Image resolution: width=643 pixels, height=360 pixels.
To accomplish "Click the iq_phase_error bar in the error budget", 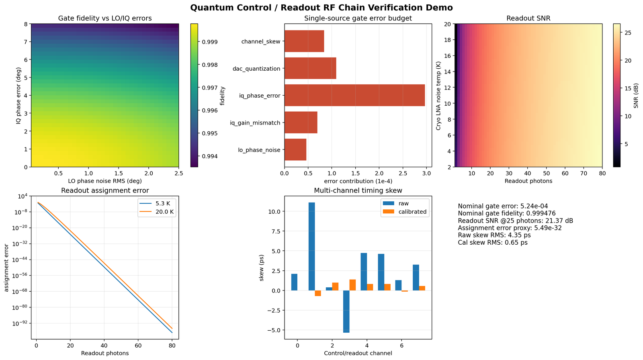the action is [x=354, y=95].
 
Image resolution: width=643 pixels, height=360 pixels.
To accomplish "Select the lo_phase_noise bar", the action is [x=295, y=149].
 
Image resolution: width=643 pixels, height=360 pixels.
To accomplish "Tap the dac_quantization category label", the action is [x=256, y=69].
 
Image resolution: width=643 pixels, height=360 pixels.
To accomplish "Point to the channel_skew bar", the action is [x=304, y=41].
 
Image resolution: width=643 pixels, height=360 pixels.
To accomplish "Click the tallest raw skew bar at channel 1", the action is [x=311, y=246].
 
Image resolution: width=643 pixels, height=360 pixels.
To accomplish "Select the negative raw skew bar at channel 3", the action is [x=346, y=311].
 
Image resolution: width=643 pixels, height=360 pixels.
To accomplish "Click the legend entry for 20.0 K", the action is [x=156, y=212].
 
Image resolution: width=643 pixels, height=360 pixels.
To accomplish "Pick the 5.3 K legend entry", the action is [x=155, y=203].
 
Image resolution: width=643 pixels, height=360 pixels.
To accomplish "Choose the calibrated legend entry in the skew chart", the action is [x=405, y=212].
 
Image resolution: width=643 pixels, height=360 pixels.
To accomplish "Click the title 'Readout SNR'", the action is [x=528, y=18].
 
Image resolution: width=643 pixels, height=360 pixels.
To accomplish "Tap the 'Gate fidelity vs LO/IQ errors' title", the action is [x=105, y=18].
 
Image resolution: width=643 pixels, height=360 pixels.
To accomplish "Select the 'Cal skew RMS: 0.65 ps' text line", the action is [x=493, y=243].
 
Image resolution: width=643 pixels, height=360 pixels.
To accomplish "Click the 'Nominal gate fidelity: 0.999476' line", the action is [x=507, y=213].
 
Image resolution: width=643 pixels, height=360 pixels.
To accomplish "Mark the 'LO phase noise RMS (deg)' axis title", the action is [x=105, y=181].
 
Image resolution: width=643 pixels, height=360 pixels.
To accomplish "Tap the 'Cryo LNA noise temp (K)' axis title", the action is [x=438, y=95].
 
